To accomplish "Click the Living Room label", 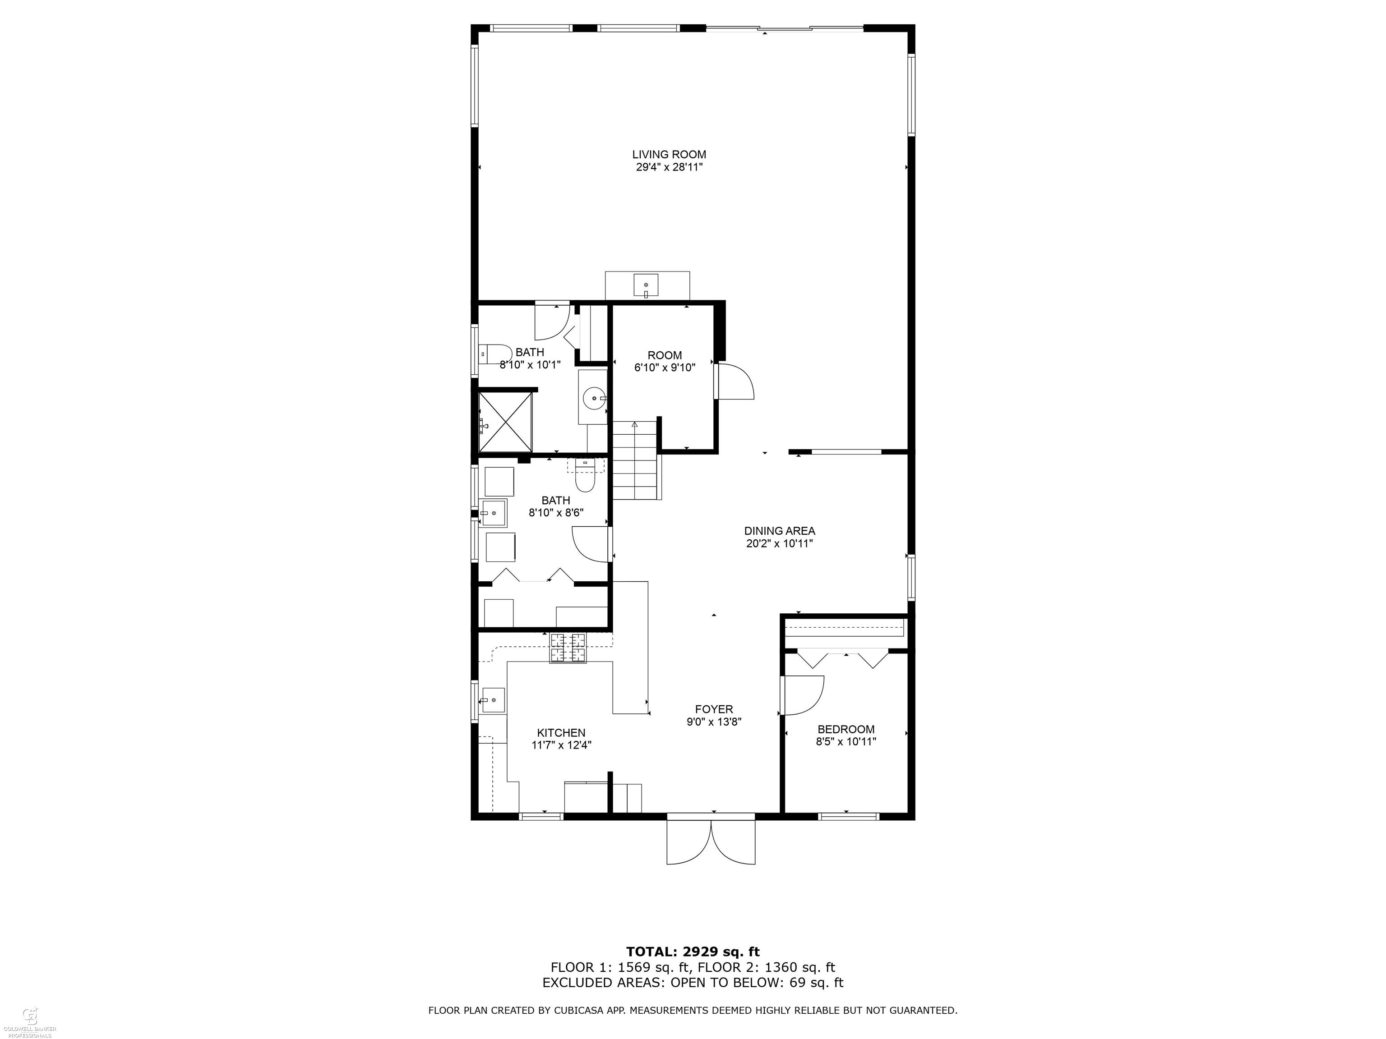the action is (x=669, y=154).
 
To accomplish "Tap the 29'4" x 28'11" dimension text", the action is (x=669, y=167).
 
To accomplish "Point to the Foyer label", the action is (x=714, y=709).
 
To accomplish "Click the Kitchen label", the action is (x=561, y=733).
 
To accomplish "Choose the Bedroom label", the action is (x=846, y=729).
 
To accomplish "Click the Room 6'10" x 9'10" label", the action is (x=665, y=355).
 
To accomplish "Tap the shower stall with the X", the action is (x=505, y=422).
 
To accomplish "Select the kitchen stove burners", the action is (x=569, y=648).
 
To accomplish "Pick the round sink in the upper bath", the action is (x=593, y=397).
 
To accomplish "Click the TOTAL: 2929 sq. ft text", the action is (x=693, y=952).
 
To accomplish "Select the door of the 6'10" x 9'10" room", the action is (x=735, y=381).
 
